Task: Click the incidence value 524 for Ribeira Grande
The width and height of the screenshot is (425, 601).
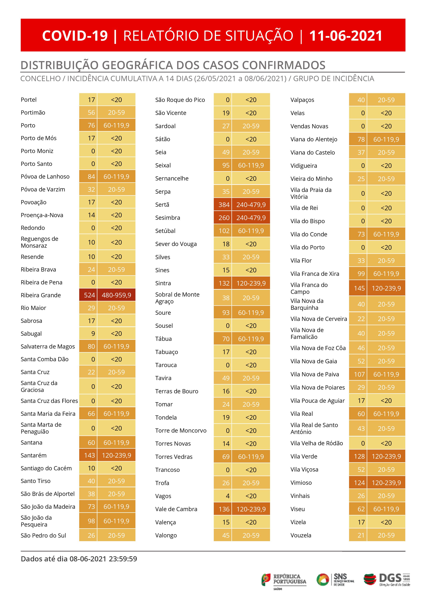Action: pyautogui.click(x=89, y=295)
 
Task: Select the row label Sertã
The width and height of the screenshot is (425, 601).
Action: pyautogui.click(x=162, y=204)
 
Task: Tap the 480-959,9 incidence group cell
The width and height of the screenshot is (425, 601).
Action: pyautogui.click(x=116, y=295)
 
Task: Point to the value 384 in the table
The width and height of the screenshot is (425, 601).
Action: pyautogui.click(x=224, y=204)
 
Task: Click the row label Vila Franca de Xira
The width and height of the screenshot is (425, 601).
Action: pyautogui.click(x=315, y=274)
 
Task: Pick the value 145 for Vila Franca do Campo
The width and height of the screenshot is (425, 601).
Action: pyautogui.click(x=359, y=288)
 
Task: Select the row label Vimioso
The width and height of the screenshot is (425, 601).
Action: pyautogui.click(x=301, y=482)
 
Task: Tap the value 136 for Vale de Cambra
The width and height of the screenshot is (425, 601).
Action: pyautogui.click(x=224, y=509)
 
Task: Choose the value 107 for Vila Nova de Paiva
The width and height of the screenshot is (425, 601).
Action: pyautogui.click(x=359, y=374)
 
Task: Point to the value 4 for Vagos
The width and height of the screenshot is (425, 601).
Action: pyautogui.click(x=228, y=496)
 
